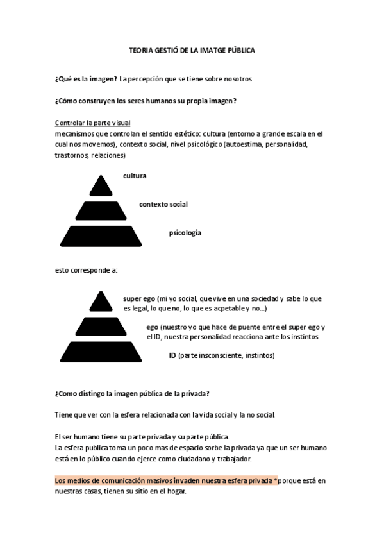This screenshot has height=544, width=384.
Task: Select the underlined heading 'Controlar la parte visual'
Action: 93,123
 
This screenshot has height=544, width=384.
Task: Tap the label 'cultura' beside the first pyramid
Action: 135,175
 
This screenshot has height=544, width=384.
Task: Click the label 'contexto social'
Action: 163,204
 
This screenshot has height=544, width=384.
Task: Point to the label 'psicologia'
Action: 185,232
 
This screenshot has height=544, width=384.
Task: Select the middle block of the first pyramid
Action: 100,210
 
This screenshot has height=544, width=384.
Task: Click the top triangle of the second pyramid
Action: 100,302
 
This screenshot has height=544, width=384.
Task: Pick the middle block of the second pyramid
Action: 100,327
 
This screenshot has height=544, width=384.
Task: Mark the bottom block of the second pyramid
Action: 100,352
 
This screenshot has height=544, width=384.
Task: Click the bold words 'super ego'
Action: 139,299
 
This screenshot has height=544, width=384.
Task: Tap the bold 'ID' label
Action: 172,355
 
